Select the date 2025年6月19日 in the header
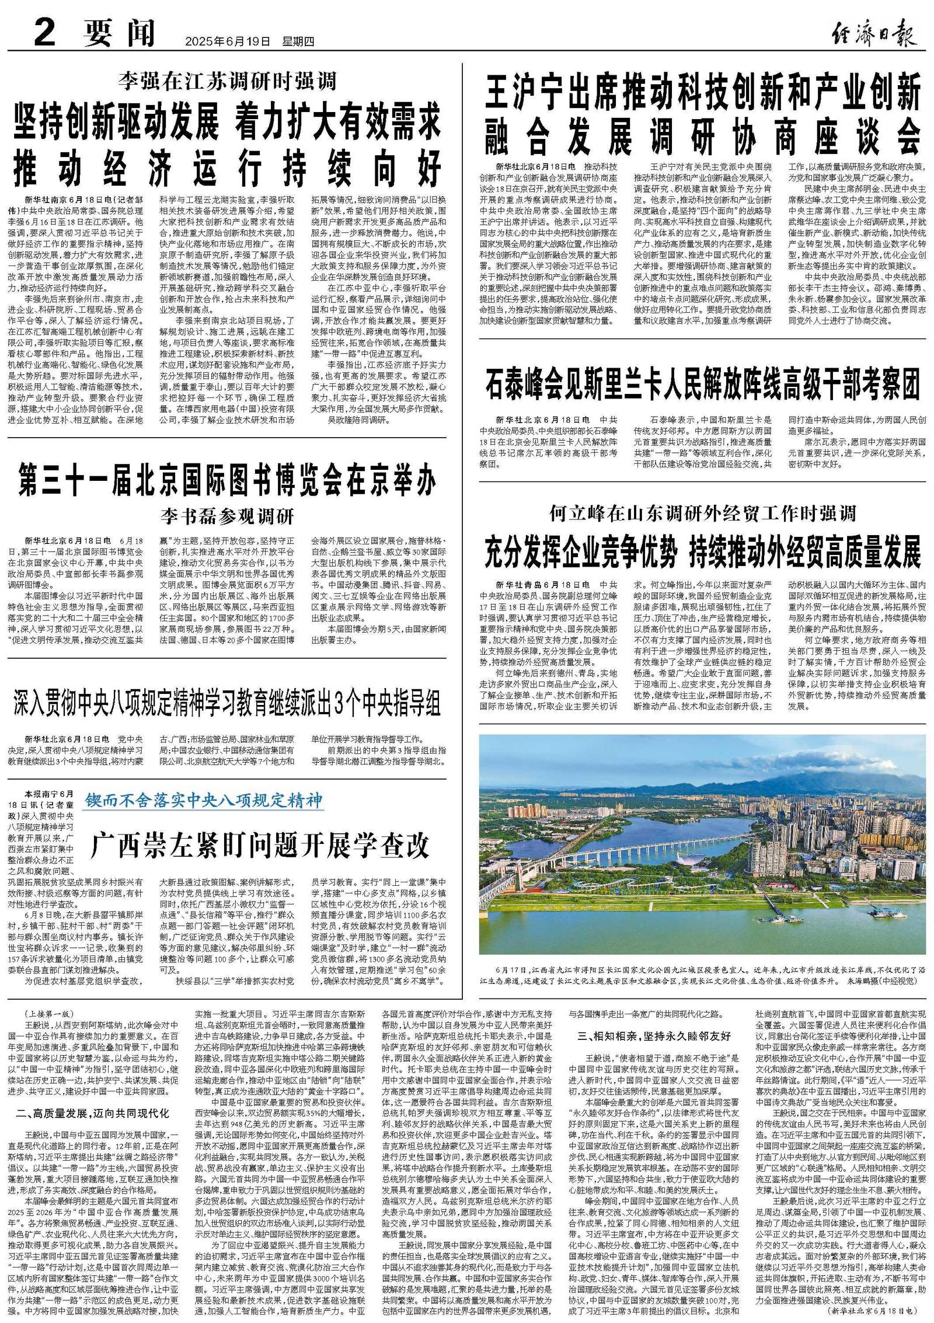pyautogui.click(x=228, y=42)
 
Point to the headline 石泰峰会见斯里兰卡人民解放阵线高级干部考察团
pyautogui.click(x=702, y=383)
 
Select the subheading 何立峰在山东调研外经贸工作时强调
pyautogui.click(x=702, y=514)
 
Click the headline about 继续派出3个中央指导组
pyautogui.click(x=227, y=705)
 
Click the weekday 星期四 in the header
pyautogui.click(x=298, y=42)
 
